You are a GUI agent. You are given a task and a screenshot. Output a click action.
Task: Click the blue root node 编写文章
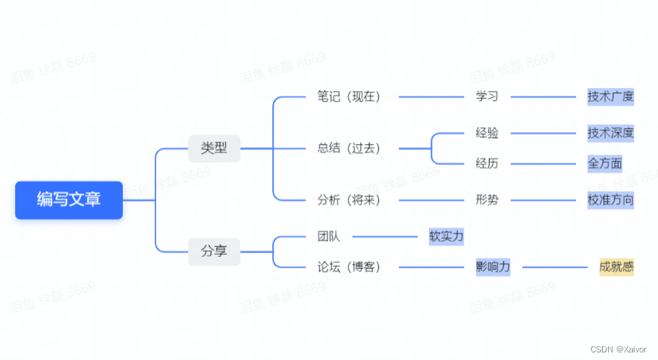69,199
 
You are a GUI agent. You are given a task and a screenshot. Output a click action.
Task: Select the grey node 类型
214,148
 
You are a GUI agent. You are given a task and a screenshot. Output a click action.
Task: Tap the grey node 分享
214,250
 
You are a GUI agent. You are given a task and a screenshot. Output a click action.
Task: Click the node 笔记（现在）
349,97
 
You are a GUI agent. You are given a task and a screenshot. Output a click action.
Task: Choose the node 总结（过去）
349,148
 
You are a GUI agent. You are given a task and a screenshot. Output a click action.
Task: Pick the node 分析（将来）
349,200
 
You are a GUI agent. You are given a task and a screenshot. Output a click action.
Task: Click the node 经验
487,133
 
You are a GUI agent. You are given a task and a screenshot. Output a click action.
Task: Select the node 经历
487,163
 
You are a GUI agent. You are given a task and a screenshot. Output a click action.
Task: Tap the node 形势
487,200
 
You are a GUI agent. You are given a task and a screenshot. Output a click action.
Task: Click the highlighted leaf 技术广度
610,97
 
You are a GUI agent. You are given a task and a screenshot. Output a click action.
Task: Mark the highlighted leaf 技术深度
610,133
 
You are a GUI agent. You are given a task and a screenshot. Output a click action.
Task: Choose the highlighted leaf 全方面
605,163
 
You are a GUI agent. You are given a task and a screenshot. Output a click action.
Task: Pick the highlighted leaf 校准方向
610,200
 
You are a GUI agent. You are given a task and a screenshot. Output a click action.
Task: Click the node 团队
328,236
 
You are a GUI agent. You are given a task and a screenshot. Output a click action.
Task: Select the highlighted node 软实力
446,236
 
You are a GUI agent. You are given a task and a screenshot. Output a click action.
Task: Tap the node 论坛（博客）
349,267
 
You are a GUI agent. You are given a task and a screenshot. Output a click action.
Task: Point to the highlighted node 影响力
493,267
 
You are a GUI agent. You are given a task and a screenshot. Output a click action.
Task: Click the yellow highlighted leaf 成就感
616,267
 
